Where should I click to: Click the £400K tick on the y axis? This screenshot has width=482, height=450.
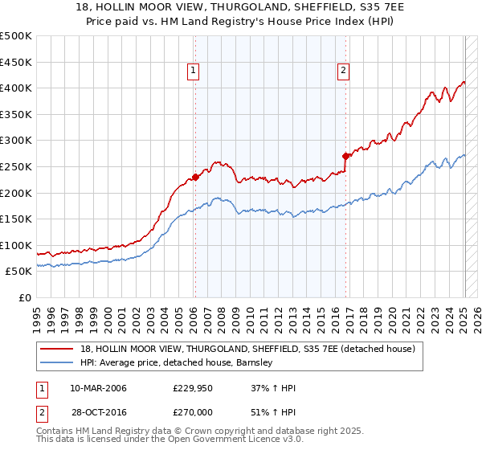(x=16, y=88)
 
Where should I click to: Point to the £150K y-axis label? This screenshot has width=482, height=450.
(x=16, y=219)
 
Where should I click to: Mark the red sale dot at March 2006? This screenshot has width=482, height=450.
(x=195, y=178)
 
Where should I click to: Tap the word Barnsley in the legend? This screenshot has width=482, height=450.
(x=255, y=362)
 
